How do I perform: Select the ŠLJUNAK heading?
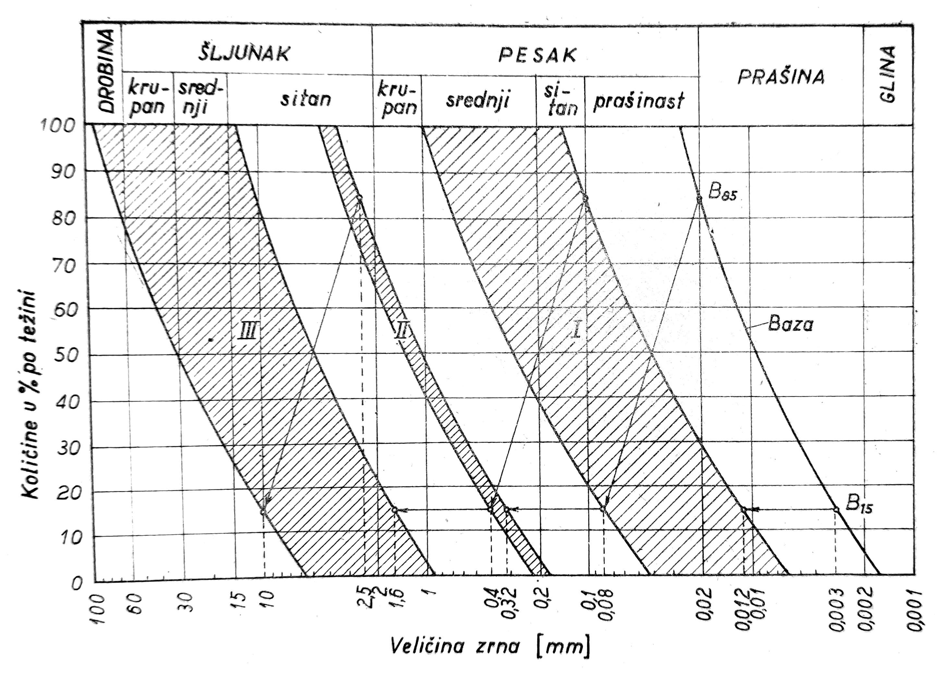coord(244,54)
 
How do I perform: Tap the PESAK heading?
coord(537,55)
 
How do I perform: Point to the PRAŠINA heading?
coord(781,77)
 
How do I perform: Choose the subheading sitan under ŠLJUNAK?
coord(306,100)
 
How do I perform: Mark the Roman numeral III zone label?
coord(248,332)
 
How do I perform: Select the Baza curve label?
coord(790,324)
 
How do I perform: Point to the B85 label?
coord(722,193)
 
